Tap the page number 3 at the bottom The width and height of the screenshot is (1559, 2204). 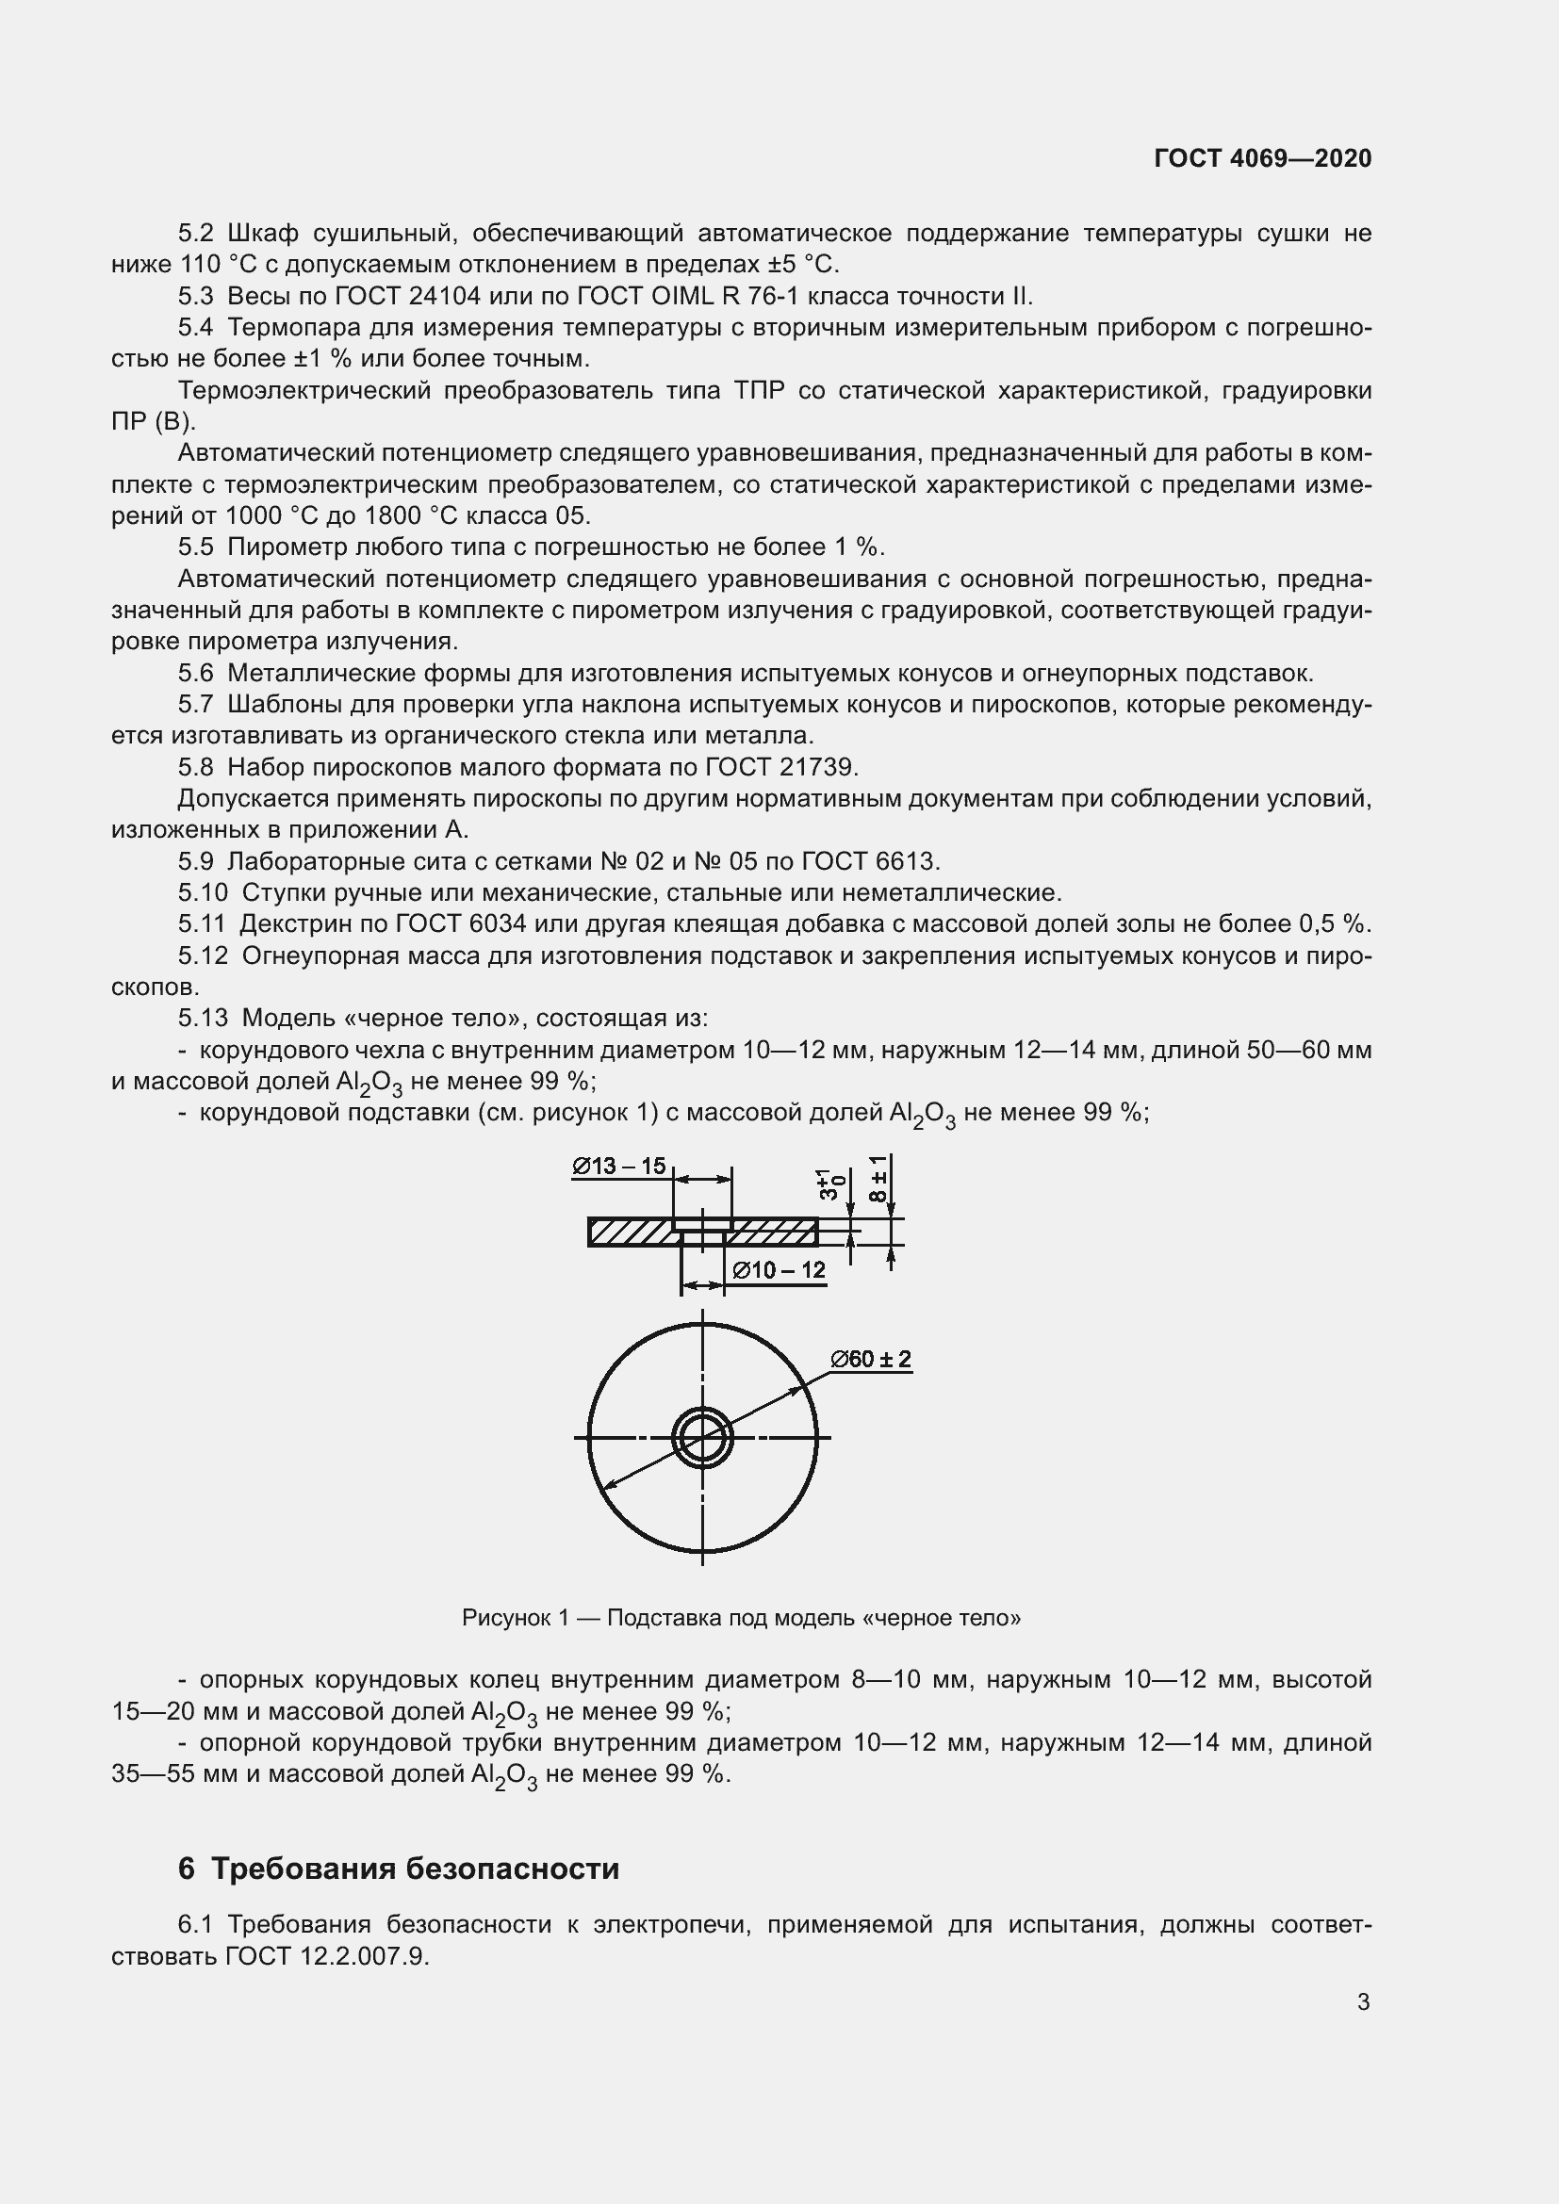pyautogui.click(x=1363, y=2001)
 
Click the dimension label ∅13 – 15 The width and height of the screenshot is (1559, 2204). pyautogui.click(x=619, y=1166)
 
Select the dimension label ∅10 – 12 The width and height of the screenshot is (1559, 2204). pyautogui.click(x=779, y=1270)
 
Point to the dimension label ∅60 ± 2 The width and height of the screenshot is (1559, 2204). pyautogui.click(x=871, y=1360)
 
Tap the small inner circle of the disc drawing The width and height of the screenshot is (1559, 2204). pyautogui.click(x=703, y=1437)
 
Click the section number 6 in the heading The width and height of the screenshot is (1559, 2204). pyautogui.click(x=187, y=1868)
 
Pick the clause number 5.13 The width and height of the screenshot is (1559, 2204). pyautogui.click(x=204, y=1018)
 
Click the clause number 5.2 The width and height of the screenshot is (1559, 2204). pyautogui.click(x=196, y=234)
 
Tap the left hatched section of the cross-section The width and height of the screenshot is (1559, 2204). pyautogui.click(x=629, y=1232)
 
